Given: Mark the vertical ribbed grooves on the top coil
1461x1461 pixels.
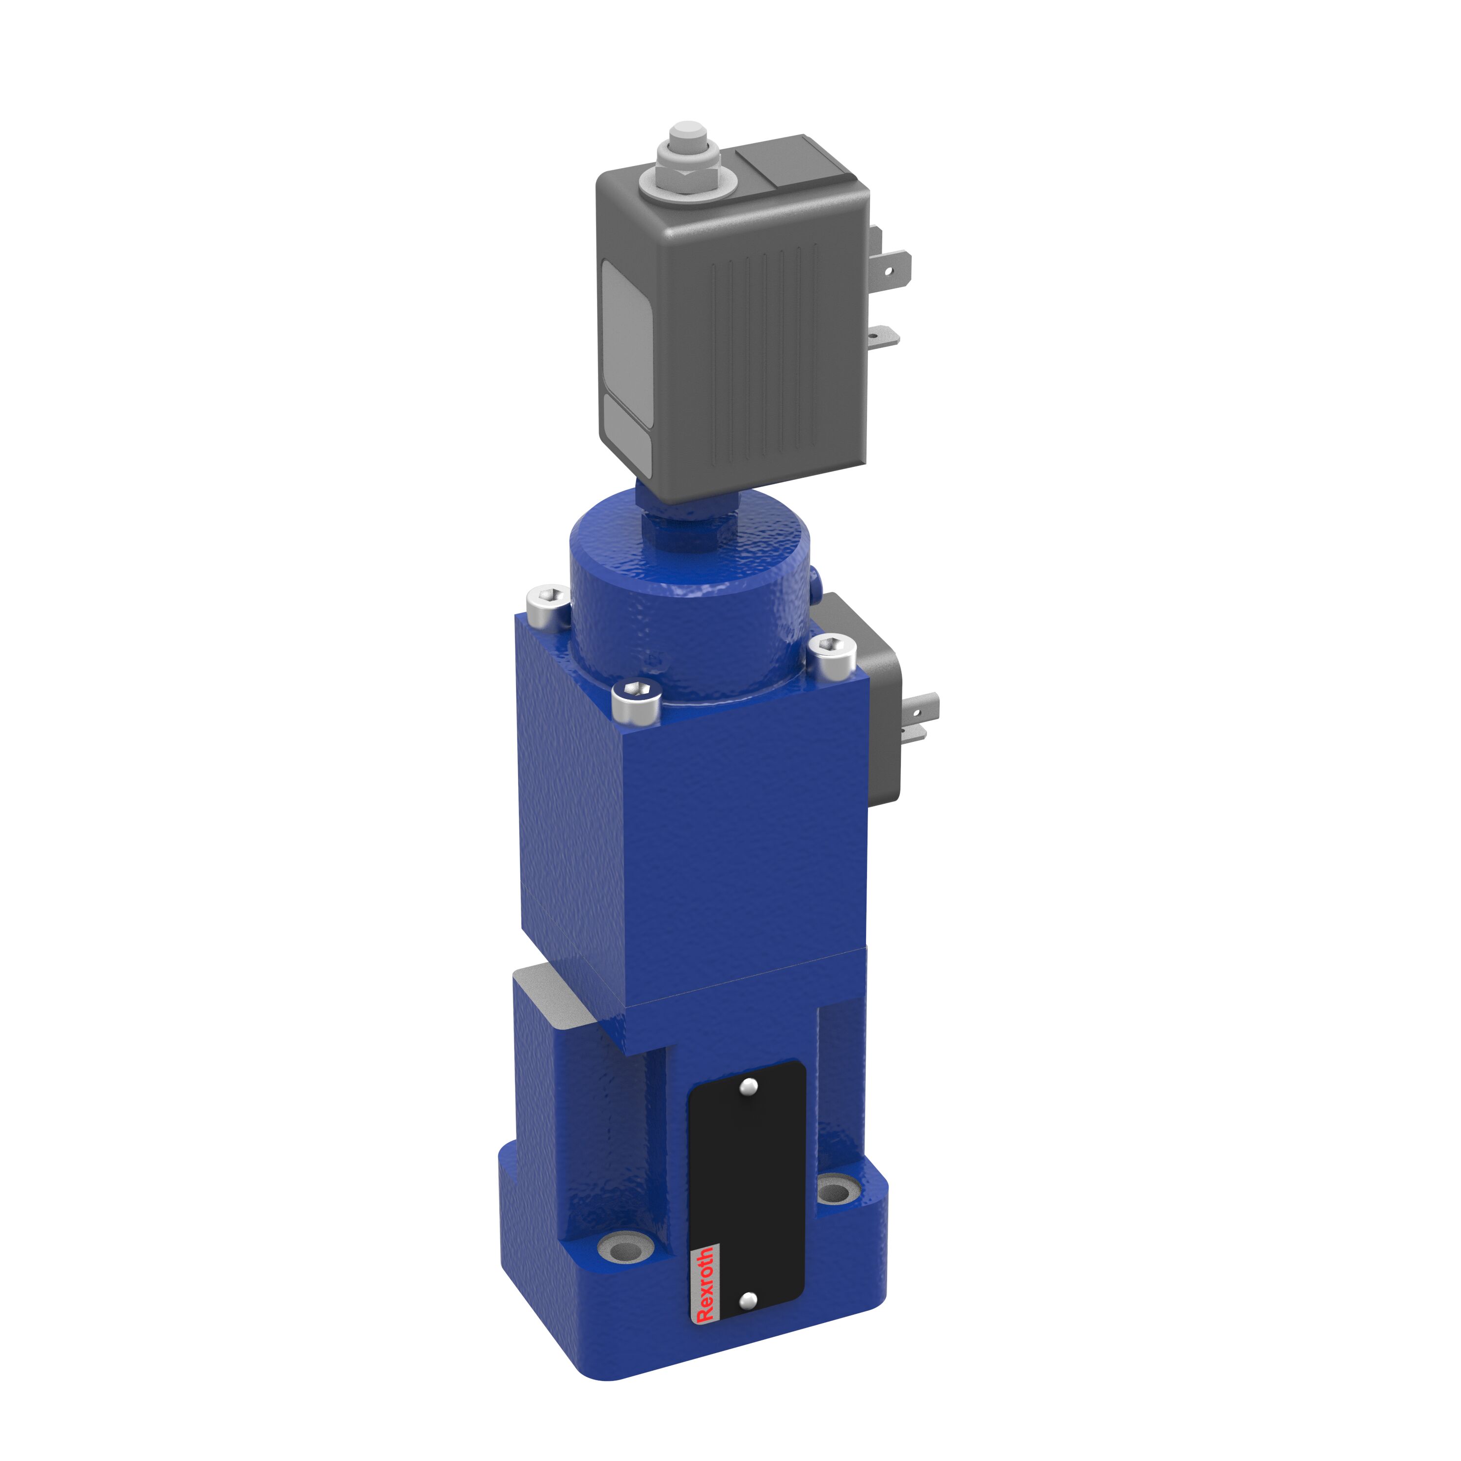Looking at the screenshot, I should (764, 355).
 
